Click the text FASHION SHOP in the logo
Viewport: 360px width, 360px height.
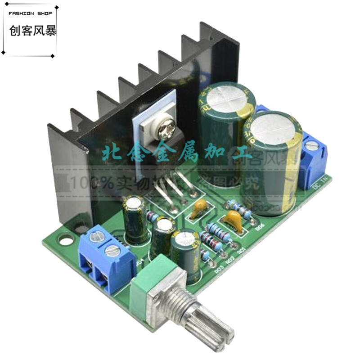tap(31, 13)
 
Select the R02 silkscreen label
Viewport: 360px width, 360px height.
tap(230, 260)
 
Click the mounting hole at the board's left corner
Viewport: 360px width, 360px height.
tap(66, 242)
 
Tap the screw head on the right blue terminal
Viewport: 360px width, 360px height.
tap(311, 146)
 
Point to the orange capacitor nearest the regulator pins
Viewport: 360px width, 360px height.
tap(199, 207)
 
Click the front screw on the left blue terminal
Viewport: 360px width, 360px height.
tap(112, 251)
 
